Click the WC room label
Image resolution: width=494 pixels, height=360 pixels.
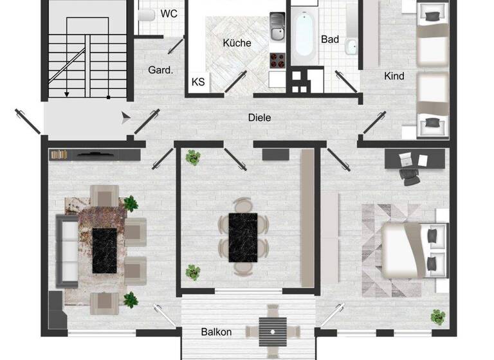(x=169, y=14)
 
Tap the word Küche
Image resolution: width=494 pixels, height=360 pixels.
(x=237, y=43)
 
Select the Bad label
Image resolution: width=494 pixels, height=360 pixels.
(x=330, y=39)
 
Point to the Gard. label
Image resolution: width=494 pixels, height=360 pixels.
(x=160, y=70)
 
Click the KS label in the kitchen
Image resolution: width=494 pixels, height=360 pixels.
(x=199, y=82)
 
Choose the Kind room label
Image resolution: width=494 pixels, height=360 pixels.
(x=394, y=76)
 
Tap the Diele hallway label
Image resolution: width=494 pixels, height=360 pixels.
(x=260, y=118)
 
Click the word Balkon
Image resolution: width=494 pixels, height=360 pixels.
(x=216, y=332)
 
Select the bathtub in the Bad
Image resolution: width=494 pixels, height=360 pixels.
(x=302, y=33)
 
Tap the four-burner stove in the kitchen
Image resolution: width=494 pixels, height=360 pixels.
(x=277, y=60)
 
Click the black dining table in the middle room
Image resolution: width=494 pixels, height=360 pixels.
(x=243, y=237)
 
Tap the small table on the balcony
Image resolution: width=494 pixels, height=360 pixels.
(x=273, y=332)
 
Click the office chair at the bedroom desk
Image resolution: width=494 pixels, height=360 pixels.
(x=408, y=172)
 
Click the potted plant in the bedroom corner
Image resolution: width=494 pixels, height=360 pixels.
(x=438, y=316)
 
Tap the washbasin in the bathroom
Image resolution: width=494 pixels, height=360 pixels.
(x=351, y=46)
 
